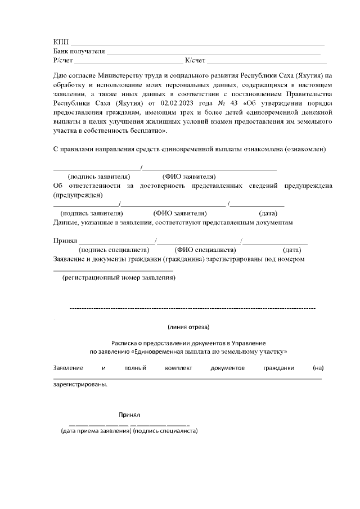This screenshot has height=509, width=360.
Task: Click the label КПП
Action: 60,43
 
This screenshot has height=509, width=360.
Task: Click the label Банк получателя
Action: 79,51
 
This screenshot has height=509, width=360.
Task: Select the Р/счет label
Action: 63,60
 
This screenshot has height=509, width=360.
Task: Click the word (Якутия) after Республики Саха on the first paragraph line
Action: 306,76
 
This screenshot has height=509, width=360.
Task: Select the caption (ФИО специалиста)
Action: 205,250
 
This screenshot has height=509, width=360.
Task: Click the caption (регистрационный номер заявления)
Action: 119,278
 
